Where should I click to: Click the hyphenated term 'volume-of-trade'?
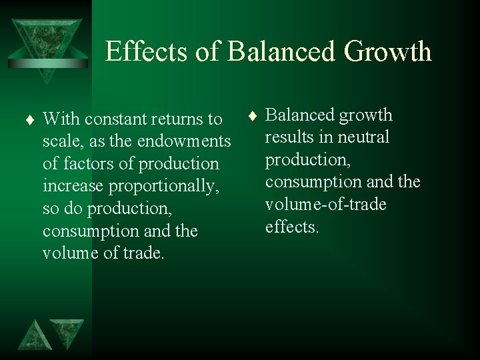[x=325, y=204]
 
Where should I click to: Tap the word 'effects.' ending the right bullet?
[x=292, y=227]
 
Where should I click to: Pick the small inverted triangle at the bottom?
[x=67, y=332]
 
